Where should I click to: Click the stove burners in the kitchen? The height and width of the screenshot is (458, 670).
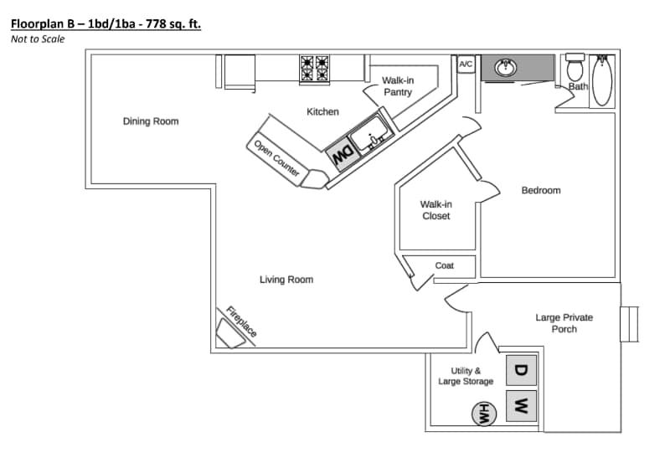[317, 69]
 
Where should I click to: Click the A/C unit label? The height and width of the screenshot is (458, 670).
[466, 64]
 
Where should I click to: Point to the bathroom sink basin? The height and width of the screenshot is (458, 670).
[506, 67]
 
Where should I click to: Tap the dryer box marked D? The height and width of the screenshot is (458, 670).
[520, 370]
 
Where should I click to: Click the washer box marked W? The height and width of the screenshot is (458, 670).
[520, 407]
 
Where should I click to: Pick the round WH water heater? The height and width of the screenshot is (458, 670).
[483, 412]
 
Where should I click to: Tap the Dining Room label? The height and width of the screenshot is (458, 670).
[151, 121]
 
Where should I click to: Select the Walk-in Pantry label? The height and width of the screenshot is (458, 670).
[398, 86]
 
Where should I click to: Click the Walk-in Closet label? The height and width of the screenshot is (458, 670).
[435, 210]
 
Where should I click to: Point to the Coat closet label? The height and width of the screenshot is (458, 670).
[444, 265]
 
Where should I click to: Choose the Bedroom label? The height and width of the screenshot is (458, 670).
[541, 191]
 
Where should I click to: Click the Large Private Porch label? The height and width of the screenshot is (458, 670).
[564, 323]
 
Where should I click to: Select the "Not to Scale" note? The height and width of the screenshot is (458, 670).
[38, 39]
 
